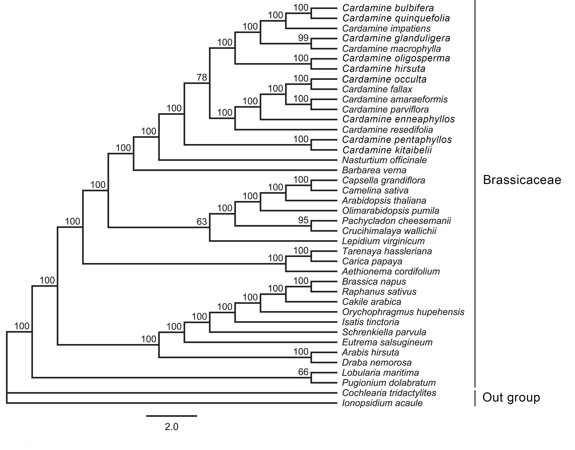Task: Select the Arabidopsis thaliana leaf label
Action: coord(384,201)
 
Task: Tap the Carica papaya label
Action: coord(372,261)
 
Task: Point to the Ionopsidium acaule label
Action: coord(382,403)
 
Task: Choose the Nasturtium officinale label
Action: coord(384,160)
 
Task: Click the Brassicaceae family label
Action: coord(522,180)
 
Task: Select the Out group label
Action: coord(511,397)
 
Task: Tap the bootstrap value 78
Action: coord(202,77)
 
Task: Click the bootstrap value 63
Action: coord(202,222)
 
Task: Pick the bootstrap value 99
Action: coord(303,38)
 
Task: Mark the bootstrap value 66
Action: coord(303,372)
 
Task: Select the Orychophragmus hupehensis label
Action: coord(403,312)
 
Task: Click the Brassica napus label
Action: coord(374,282)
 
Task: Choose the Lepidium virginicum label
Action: coord(383,241)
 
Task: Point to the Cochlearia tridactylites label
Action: coord(389,393)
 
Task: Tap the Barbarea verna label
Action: coord(374,170)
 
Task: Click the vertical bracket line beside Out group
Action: coord(475,398)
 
